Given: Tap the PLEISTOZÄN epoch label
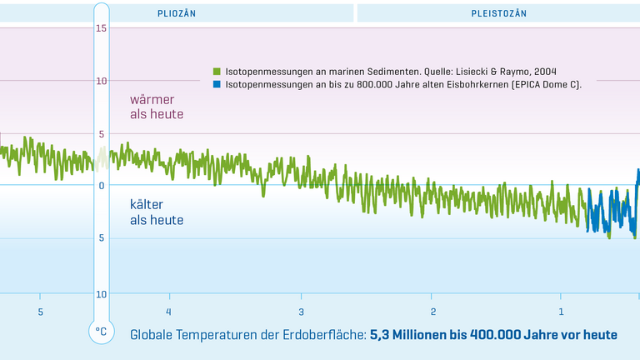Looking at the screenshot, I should point(498,13).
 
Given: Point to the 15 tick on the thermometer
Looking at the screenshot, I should point(101,29).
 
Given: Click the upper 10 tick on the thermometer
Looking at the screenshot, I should point(101,81).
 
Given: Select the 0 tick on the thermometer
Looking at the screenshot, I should point(101,185).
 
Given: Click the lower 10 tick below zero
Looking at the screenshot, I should point(101,294).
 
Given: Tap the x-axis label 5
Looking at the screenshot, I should point(39,312).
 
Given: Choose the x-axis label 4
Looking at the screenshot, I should point(168,312).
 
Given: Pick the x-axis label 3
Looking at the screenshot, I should point(302,312).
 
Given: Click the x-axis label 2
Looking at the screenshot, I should point(433,312).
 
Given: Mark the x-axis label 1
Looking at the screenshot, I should point(561,312).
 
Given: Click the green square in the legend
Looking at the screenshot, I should point(217,72).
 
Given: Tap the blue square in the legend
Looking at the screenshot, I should point(217,84).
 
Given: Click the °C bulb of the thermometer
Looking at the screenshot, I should point(101,332).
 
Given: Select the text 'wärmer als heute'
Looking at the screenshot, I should point(156,107).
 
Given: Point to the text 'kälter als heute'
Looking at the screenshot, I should point(156,212).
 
